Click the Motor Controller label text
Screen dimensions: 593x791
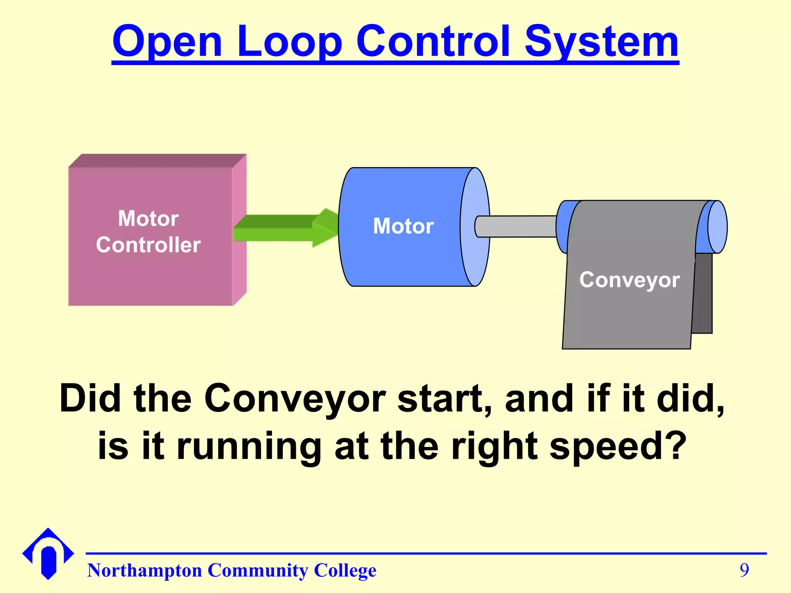[148, 232]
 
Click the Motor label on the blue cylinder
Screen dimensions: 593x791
[403, 226]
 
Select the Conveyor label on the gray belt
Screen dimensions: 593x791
[629, 280]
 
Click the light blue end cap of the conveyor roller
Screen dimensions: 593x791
[718, 227]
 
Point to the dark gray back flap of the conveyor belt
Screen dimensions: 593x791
[703, 293]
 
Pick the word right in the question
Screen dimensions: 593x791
[494, 446]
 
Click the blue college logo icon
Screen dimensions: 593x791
[48, 554]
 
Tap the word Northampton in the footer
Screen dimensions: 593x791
[144, 571]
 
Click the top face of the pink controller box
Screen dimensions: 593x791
[158, 160]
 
